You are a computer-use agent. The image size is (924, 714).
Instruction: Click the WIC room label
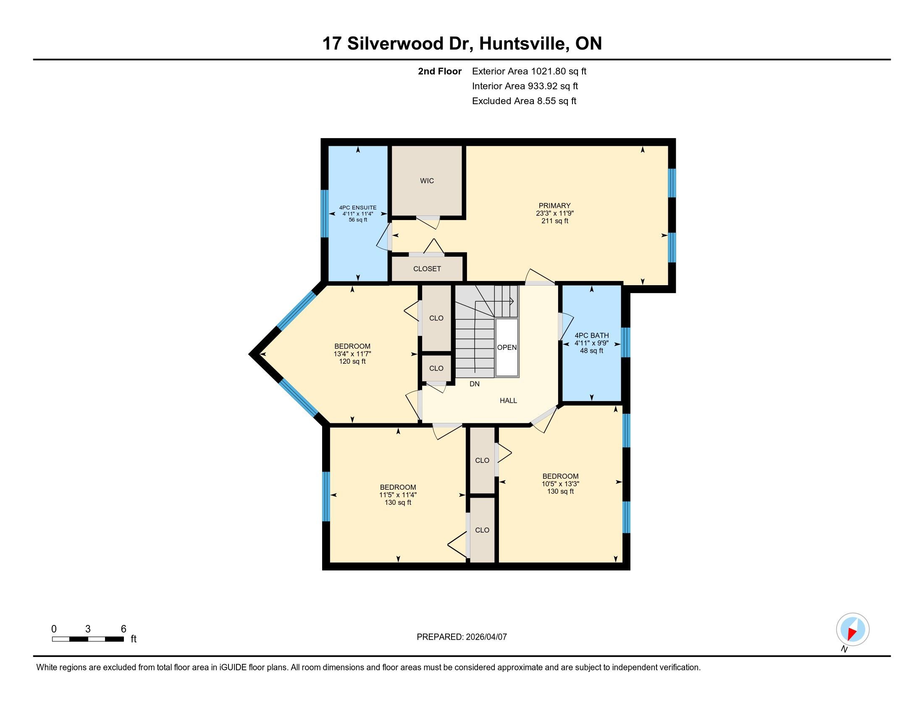(427, 181)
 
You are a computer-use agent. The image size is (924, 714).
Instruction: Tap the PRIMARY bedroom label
(555, 205)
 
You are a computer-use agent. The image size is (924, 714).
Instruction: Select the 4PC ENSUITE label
(358, 207)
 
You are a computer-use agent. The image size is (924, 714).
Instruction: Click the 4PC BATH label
(591, 336)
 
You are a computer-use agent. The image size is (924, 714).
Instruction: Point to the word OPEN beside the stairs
(507, 347)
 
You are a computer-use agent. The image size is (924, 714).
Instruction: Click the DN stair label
(475, 384)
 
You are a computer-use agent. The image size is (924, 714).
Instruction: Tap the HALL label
(509, 401)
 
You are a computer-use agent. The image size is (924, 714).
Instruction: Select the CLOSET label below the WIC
(427, 269)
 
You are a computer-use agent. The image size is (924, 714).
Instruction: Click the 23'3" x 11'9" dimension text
(555, 213)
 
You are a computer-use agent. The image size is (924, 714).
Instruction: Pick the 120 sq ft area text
(352, 362)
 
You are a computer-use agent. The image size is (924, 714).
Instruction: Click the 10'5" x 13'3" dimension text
(561, 484)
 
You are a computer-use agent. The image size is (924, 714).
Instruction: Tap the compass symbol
(853, 630)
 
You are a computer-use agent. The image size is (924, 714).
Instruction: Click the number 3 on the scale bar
(88, 629)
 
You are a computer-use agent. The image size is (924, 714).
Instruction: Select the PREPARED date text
(462, 637)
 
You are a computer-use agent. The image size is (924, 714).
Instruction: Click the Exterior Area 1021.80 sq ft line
(529, 71)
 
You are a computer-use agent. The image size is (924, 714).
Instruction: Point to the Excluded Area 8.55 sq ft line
(524, 101)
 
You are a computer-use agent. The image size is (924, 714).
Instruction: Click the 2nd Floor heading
(440, 71)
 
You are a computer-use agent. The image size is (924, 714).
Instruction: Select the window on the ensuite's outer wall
(325, 214)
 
